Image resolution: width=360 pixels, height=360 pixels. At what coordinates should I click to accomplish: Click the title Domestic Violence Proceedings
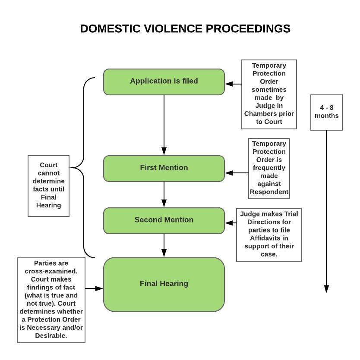[185, 29]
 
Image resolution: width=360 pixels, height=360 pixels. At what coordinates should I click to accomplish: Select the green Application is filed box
[164, 82]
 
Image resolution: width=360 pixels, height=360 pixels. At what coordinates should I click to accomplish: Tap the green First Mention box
[164, 169]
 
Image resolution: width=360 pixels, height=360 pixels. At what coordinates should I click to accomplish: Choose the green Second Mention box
[164, 221]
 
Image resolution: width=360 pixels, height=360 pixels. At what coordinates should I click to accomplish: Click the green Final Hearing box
[164, 285]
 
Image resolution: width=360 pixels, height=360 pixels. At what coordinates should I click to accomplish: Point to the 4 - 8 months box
[326, 113]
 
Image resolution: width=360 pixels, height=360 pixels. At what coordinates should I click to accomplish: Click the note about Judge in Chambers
[269, 94]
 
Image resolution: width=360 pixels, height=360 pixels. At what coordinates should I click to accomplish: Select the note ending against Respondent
[269, 169]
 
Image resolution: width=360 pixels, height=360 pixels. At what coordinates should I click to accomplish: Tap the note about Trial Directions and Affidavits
[269, 235]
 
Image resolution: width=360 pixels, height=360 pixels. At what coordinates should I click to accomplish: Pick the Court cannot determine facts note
[48, 186]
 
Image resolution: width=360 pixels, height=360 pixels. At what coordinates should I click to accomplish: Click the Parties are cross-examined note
[51, 300]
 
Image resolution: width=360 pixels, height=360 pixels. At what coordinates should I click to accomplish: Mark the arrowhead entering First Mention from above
[164, 151]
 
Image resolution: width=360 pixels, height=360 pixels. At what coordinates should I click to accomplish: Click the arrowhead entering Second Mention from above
[164, 203]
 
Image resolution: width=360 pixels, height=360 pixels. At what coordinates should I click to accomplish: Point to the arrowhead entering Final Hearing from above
[164, 253]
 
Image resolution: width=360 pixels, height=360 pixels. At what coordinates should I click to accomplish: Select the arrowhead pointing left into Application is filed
[229, 84]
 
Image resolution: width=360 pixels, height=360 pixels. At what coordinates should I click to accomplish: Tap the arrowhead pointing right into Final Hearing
[99, 288]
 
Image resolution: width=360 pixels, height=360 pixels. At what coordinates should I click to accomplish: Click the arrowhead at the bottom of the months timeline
[326, 289]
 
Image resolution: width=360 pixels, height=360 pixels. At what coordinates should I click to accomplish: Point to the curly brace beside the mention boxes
[83, 168]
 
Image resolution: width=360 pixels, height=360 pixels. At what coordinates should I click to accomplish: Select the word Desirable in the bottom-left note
[51, 336]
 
